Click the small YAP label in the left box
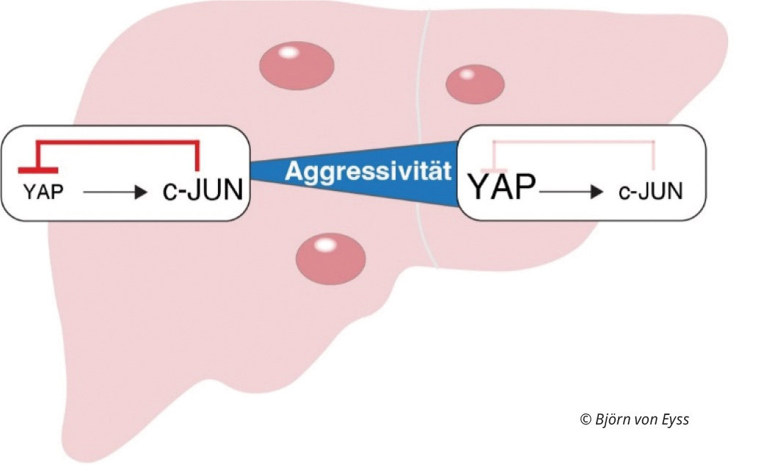coord(43,192)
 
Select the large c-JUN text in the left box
coord(202,191)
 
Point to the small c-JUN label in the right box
coord(650,192)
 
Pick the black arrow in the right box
coord(572,192)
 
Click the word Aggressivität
coord(366,172)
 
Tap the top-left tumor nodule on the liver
coord(296,64)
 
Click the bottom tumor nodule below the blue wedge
coord(330,258)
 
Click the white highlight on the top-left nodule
coord(289,52)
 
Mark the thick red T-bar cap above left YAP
coord(37,170)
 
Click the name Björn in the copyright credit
coord(611,419)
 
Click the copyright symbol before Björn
coord(585,420)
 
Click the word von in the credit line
coord(644,420)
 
